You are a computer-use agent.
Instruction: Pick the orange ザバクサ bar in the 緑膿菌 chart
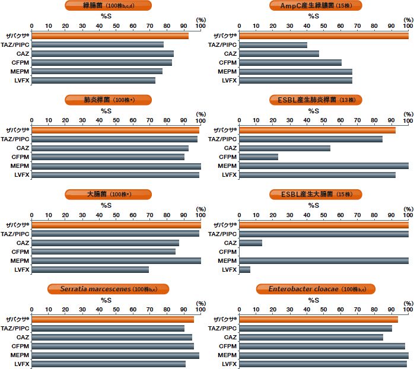click(x=110, y=36)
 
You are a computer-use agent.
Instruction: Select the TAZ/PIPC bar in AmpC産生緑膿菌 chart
click(x=273, y=44)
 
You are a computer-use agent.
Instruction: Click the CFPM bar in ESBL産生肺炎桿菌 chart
click(x=258, y=157)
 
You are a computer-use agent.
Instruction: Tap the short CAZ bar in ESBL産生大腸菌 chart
click(x=250, y=243)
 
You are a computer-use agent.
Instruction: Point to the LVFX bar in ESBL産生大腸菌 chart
click(x=244, y=269)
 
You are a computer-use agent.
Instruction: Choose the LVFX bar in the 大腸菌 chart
click(x=90, y=269)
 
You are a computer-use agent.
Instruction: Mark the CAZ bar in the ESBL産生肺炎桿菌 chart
click(x=284, y=148)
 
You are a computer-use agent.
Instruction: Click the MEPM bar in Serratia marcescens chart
click(x=115, y=355)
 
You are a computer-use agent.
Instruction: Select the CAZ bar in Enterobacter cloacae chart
click(x=311, y=337)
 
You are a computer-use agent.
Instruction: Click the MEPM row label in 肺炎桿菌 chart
click(x=20, y=166)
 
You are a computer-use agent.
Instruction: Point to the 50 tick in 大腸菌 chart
click(x=116, y=215)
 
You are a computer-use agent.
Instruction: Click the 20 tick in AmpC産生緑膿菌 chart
click(x=273, y=26)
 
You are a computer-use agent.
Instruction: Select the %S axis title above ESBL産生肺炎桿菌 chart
click(x=314, y=110)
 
